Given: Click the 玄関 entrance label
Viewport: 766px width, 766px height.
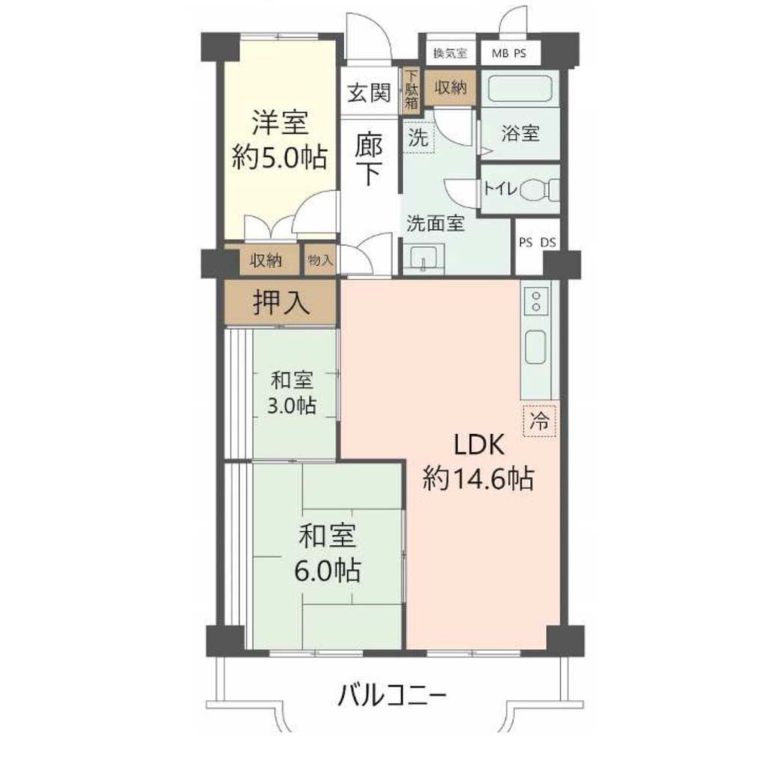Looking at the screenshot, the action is [x=369, y=92].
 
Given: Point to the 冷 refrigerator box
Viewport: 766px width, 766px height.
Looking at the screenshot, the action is [x=539, y=420].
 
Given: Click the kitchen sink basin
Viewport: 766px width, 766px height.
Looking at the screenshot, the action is [x=536, y=346].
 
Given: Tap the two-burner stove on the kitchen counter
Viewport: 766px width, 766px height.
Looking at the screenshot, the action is [x=536, y=301].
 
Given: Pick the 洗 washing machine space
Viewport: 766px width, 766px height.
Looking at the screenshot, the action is [x=418, y=138].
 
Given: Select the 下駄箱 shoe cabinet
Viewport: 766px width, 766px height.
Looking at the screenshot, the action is [x=411, y=90].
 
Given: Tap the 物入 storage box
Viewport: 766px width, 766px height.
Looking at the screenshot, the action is [x=320, y=260].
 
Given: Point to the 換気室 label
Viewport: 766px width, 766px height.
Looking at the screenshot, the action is [x=450, y=53].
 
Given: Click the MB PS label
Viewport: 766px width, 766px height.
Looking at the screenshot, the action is [x=509, y=53].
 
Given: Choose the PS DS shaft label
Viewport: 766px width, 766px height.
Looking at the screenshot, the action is [x=537, y=242].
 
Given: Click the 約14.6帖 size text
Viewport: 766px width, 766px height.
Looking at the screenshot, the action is [x=478, y=479].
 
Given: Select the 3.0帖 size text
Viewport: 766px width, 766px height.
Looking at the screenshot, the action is [x=292, y=405].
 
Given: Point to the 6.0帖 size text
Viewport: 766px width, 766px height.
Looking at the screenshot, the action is [x=328, y=569].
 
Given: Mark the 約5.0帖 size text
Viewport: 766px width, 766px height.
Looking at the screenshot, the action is [x=279, y=157].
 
